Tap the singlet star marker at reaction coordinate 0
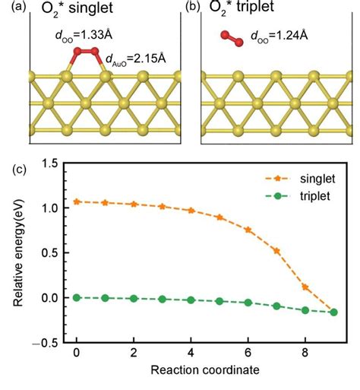tap(77, 201)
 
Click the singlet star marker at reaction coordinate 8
tap(305, 287)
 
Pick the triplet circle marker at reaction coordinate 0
tap(77, 297)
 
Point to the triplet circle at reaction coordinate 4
tap(191, 300)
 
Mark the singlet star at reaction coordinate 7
tap(276, 251)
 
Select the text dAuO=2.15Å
tap(141, 56)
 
